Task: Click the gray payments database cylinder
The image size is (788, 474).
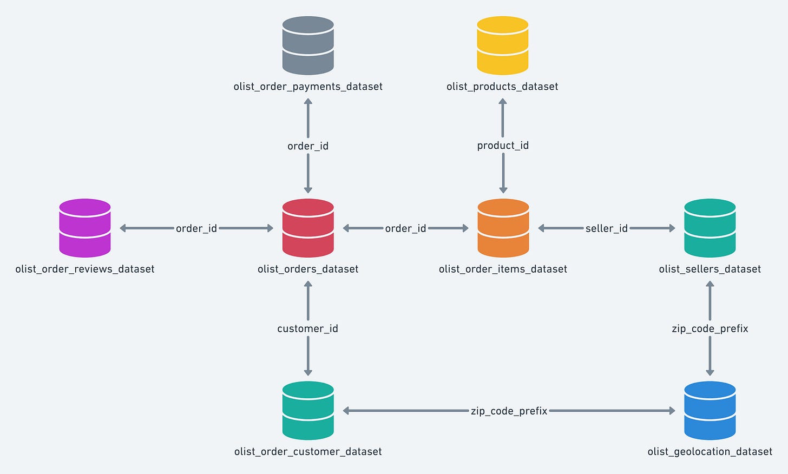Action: point(308,45)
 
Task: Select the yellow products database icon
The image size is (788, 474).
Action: point(502,45)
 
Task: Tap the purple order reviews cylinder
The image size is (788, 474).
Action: point(85,228)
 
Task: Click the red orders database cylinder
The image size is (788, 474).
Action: point(308,228)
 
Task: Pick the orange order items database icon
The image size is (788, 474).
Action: point(503,228)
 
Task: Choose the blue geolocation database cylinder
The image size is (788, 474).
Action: point(710,411)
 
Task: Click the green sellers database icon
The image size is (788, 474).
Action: point(710,228)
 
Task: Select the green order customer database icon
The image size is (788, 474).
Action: point(308,411)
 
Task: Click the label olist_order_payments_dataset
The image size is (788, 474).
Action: point(308,87)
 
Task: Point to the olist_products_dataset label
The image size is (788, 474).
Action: point(502,87)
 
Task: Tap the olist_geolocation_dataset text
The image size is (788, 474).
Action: point(710,452)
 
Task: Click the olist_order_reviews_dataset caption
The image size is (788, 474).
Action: point(85,269)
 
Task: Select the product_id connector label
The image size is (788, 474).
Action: point(503,146)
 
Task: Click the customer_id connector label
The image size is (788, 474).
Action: point(307,328)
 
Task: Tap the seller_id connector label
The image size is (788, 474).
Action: point(606,228)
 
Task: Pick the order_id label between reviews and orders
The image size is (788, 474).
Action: point(196,228)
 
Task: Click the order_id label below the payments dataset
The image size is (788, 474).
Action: point(308,146)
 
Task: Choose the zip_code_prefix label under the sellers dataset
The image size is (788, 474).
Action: point(710,328)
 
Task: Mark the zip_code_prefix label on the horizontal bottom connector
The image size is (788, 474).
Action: point(509,411)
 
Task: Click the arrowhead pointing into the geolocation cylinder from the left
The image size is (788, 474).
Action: point(672,411)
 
